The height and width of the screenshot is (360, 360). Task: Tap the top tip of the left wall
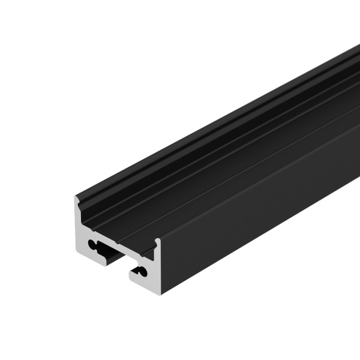coord(76,197)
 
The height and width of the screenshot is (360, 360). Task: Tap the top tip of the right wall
coord(157,241)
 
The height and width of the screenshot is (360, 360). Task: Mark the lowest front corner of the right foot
coord(160,293)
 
